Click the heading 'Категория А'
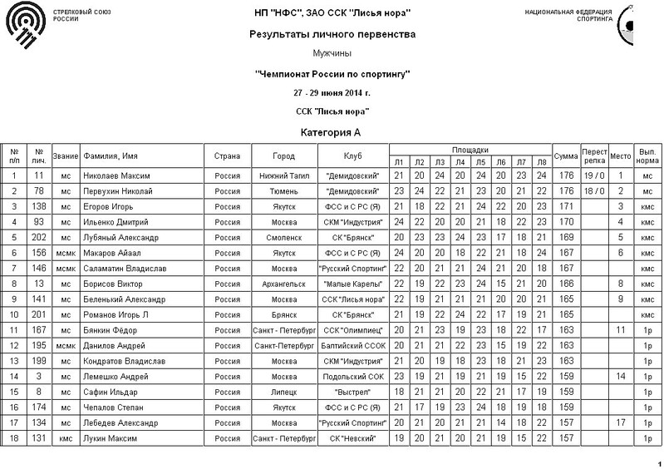[x=332, y=132]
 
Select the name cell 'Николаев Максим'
[x=117, y=175]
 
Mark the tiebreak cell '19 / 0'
[x=593, y=175]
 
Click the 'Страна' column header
[x=228, y=156]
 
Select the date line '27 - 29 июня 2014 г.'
[x=332, y=93]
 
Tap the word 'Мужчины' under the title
[x=332, y=54]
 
